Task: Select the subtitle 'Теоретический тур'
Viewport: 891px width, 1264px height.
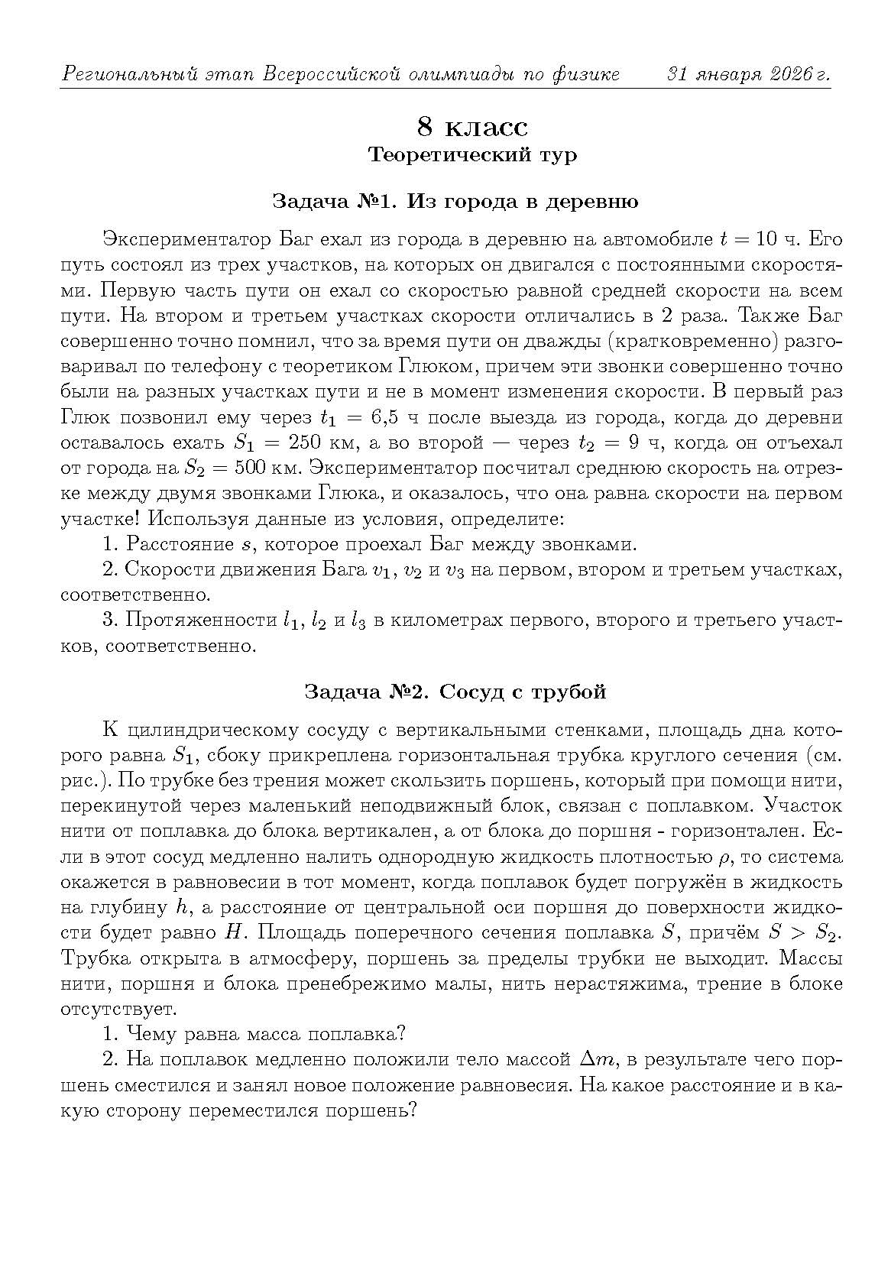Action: [471, 155]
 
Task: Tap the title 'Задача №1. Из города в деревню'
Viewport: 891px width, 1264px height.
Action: [455, 202]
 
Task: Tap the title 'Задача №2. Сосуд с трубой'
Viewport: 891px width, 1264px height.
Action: [455, 692]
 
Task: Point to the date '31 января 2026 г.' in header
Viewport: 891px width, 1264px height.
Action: [748, 75]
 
